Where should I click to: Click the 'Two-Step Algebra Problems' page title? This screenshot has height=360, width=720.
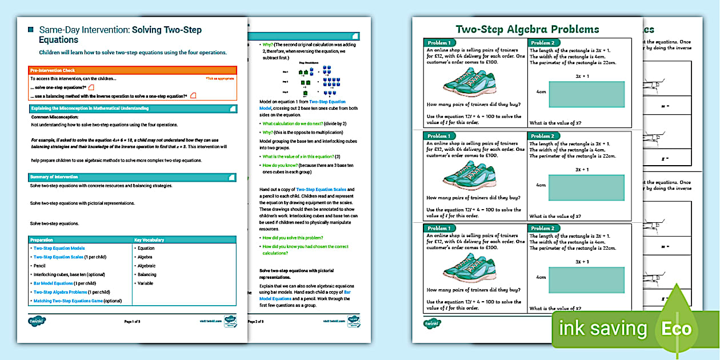tap(527, 29)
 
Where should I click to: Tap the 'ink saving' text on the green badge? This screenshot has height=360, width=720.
tap(602, 329)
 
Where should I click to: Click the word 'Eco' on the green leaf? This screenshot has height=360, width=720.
tap(676, 329)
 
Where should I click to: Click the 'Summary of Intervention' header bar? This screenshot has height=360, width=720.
tap(132, 177)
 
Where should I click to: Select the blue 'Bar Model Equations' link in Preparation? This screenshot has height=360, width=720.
tap(54, 283)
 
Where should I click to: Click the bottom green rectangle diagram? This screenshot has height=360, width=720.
tap(586, 283)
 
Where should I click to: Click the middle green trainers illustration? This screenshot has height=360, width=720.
tap(464, 175)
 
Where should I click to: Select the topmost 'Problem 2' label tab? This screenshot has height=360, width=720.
tap(543, 43)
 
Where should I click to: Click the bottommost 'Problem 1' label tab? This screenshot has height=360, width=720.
tap(439, 228)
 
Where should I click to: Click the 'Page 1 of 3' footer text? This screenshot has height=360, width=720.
tap(132, 322)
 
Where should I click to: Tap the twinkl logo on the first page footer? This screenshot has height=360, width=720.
tap(37, 321)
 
